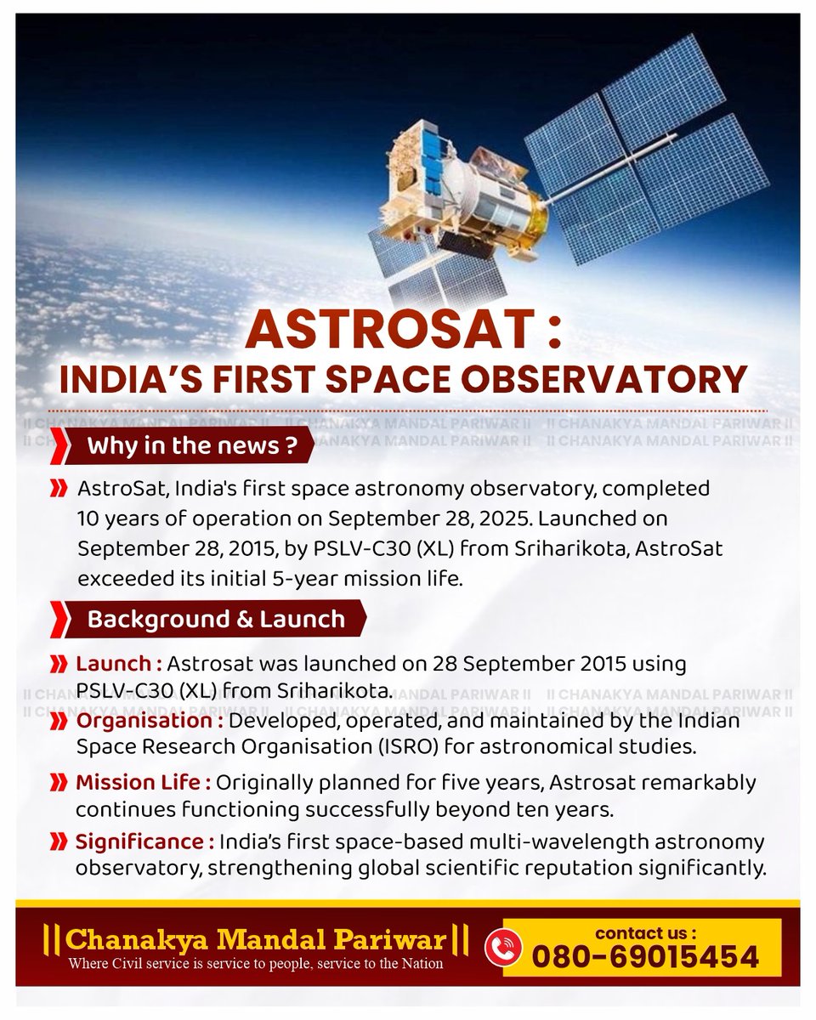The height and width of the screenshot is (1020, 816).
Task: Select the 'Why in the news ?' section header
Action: tap(192, 446)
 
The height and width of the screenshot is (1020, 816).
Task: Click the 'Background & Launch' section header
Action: tap(216, 618)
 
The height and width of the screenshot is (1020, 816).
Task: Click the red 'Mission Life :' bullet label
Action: tap(143, 782)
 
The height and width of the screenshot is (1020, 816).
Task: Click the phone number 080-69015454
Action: tap(645, 956)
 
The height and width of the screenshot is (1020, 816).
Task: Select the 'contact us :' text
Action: tap(645, 932)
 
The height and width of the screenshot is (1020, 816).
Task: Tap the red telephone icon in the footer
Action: tap(497, 946)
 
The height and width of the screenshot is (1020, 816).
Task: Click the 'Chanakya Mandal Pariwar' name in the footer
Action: tap(256, 939)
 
